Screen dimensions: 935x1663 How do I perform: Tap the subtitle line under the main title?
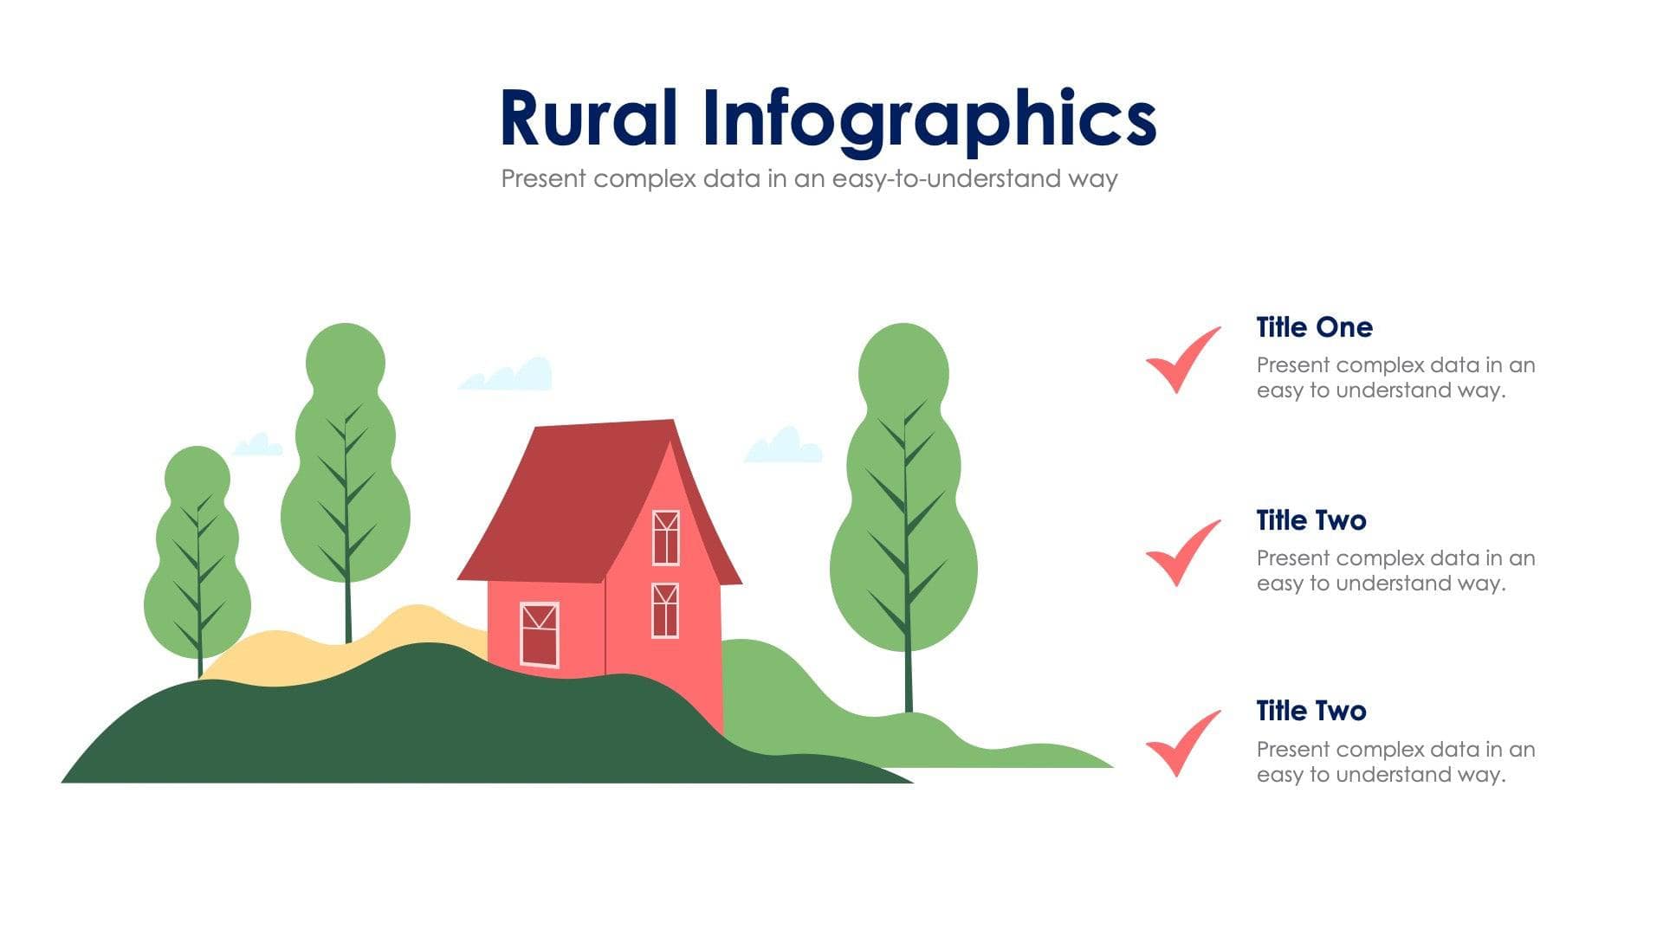(x=809, y=179)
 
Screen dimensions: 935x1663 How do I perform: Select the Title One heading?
(x=1314, y=327)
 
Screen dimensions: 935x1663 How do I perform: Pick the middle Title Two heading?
(x=1310, y=520)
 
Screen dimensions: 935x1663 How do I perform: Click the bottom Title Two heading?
(x=1310, y=711)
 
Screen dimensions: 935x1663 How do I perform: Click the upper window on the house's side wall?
(x=665, y=538)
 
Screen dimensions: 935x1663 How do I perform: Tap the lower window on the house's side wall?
(x=664, y=610)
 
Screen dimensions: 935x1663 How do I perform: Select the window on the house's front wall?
(x=539, y=634)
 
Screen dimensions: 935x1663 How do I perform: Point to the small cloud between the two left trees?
(x=257, y=446)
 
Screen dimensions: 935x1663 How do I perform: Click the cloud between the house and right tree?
(x=783, y=446)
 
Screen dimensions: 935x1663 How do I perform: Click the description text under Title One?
(x=1394, y=377)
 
